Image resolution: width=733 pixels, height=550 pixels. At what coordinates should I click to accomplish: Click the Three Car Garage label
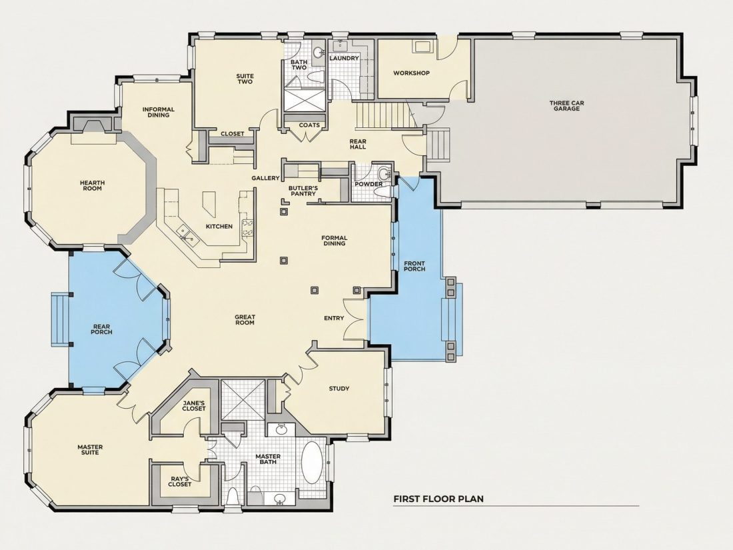pos(566,106)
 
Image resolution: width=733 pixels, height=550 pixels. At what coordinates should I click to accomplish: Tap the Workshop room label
pos(411,73)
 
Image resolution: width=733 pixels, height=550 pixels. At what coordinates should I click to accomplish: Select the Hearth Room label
pos(92,186)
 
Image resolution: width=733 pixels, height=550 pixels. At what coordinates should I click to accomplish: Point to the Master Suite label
pos(90,450)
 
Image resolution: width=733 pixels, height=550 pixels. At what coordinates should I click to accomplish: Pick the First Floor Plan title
pos(438,499)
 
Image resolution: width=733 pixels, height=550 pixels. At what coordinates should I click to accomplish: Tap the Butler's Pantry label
pos(303,191)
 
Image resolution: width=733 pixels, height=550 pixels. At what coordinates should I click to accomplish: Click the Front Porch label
pos(414,265)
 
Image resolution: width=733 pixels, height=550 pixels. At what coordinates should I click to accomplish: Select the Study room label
pos(339,389)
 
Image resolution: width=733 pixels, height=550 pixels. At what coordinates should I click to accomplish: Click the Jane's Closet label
pos(194,406)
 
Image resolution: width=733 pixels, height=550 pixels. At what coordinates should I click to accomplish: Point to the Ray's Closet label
pos(180,481)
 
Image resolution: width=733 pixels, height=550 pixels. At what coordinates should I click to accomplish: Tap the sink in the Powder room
pos(384,174)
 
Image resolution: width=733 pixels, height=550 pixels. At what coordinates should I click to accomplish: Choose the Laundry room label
pos(344,59)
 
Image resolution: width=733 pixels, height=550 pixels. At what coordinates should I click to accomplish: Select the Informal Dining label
pos(159,112)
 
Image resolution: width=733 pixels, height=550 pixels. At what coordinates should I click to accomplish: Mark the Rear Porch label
pos(102,329)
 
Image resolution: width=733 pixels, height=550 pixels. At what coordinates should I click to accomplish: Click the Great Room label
pos(245,320)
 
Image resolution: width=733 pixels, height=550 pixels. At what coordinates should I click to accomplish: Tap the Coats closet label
pos(309,125)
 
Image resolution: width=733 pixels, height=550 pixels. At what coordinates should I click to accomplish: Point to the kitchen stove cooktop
pos(247,228)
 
